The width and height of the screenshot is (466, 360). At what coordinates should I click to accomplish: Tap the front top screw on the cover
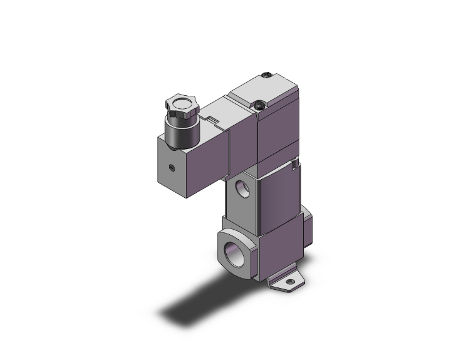(x=257, y=106)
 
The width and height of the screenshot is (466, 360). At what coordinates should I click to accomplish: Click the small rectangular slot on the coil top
(x=212, y=119)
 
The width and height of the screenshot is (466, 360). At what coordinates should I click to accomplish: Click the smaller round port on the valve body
(x=242, y=189)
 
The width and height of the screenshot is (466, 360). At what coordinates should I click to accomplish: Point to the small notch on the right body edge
(x=293, y=164)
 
